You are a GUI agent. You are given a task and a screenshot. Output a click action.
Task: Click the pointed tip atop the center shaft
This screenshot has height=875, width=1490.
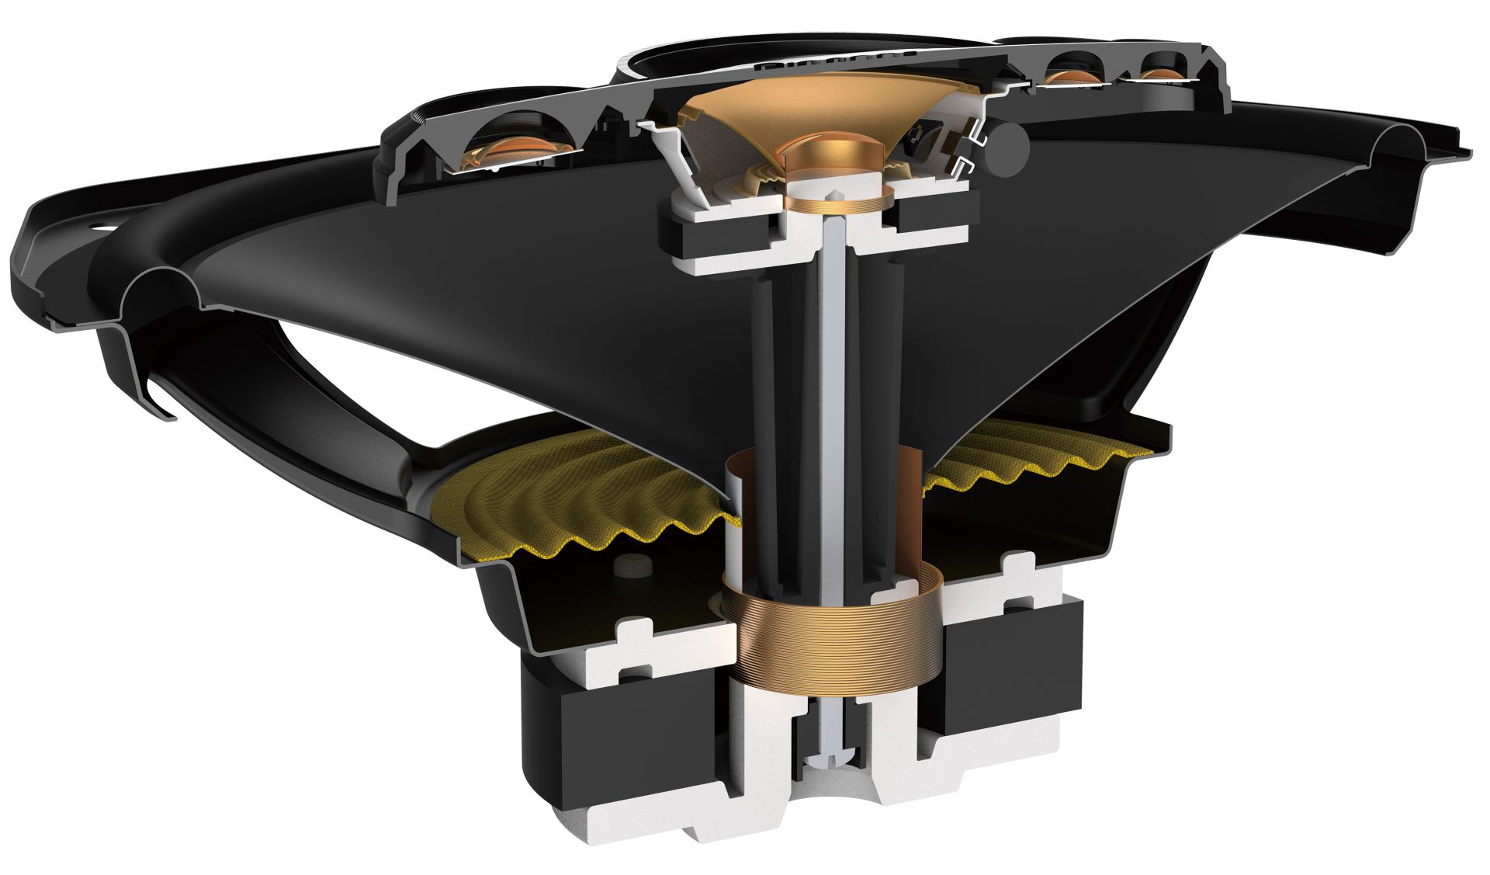834,192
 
